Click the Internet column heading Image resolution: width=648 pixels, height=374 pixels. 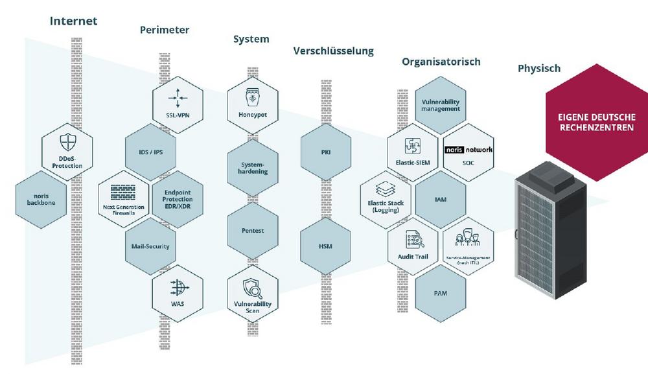pyautogui.click(x=73, y=21)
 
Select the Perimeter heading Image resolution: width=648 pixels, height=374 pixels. pyautogui.click(x=165, y=30)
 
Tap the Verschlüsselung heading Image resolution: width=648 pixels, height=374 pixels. pyautogui.click(x=333, y=51)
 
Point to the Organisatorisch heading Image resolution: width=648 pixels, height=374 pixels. pyautogui.click(x=441, y=62)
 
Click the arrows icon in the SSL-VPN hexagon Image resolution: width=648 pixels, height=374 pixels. pyautogui.click(x=177, y=99)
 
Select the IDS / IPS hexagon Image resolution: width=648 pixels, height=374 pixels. pyautogui.click(x=150, y=152)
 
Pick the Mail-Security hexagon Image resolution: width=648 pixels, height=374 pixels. pyautogui.click(x=150, y=246)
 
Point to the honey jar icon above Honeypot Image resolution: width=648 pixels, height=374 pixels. pyautogui.click(x=253, y=99)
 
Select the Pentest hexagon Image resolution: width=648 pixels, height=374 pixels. pyautogui.click(x=253, y=231)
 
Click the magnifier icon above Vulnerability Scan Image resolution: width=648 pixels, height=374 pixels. pyautogui.click(x=253, y=287)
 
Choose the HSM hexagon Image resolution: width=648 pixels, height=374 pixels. pyautogui.click(x=326, y=246)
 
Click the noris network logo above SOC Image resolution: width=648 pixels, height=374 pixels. pyautogui.click(x=469, y=150)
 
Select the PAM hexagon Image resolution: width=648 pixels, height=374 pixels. pyautogui.click(x=441, y=293)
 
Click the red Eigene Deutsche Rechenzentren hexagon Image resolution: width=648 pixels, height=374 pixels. pyautogui.click(x=596, y=123)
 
